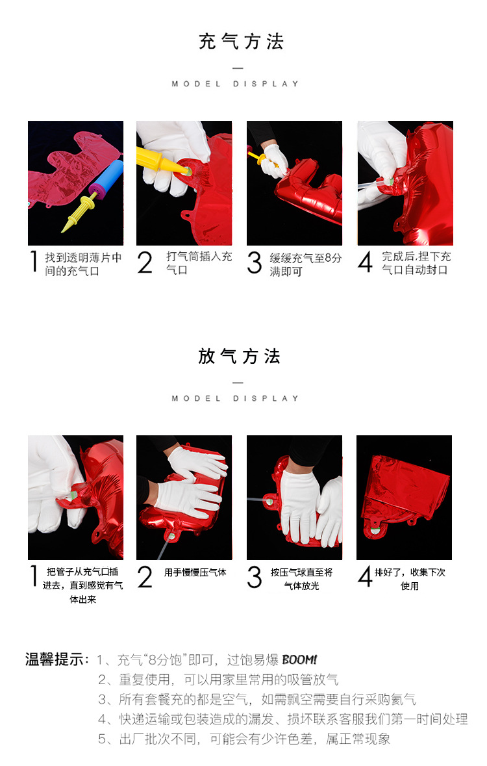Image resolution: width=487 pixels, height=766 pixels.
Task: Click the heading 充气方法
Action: [241, 42]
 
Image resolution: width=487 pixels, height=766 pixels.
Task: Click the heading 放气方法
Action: [239, 357]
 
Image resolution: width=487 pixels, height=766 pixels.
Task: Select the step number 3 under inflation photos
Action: [255, 263]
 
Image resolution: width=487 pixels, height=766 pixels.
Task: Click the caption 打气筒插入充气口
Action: [199, 263]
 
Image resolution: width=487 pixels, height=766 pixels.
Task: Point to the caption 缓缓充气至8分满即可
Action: [305, 264]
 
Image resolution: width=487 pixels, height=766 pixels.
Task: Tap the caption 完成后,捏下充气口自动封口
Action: [416, 263]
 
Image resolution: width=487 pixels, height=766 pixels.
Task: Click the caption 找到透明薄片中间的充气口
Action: [83, 264]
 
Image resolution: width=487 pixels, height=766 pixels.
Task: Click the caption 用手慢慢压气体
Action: [195, 572]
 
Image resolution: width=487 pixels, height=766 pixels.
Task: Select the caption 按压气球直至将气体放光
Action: [301, 579]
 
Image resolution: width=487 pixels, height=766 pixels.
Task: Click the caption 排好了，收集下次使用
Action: [410, 579]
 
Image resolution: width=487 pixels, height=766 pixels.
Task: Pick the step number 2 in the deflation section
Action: [145, 578]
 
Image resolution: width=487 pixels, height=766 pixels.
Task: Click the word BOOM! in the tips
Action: [299, 660]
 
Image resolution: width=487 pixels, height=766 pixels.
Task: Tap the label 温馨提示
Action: [56, 660]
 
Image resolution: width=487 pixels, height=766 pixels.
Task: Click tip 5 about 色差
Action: [244, 739]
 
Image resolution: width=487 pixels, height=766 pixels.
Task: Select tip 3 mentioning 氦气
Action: [257, 700]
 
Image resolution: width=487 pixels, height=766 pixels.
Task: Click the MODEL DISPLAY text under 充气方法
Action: [236, 84]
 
